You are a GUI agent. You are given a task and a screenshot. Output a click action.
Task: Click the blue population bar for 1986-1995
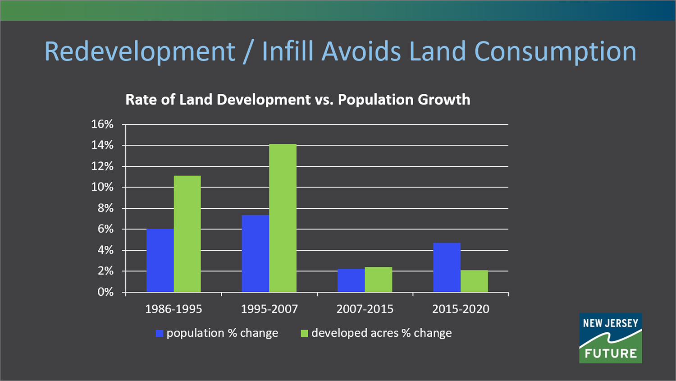(x=160, y=260)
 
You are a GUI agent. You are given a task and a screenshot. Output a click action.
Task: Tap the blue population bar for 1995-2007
(x=256, y=253)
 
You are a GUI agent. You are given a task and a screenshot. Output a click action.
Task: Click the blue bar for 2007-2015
(x=351, y=280)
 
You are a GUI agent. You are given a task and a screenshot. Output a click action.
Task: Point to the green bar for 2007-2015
(x=379, y=280)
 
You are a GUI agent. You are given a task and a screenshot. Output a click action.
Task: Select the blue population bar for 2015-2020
(x=447, y=267)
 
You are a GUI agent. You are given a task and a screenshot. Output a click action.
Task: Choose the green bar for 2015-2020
(x=474, y=281)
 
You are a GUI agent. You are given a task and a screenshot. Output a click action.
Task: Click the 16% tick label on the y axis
(x=102, y=124)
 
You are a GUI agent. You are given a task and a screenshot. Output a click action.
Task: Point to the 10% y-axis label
(x=102, y=187)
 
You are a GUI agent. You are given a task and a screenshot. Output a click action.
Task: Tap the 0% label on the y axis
(x=105, y=292)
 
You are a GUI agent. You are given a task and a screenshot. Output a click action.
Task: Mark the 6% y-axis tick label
(x=105, y=229)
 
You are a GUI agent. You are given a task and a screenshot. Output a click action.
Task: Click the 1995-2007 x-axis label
(x=269, y=309)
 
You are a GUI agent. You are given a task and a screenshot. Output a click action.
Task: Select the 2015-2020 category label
(x=461, y=309)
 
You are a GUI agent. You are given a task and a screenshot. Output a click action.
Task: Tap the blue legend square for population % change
(x=159, y=334)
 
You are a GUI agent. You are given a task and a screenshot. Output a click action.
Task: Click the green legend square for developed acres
(x=304, y=334)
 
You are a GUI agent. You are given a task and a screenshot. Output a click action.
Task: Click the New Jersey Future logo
(x=610, y=338)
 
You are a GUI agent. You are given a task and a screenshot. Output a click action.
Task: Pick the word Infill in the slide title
(x=288, y=51)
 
